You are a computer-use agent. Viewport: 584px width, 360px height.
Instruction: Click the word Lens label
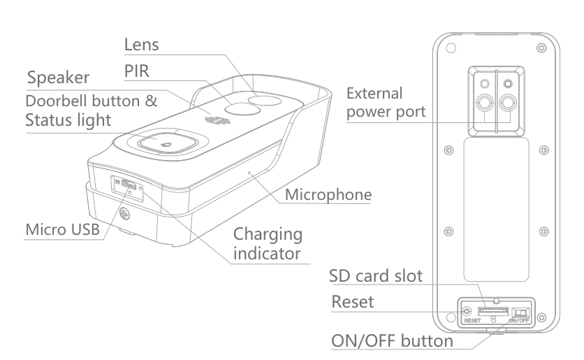pyautogui.click(x=142, y=44)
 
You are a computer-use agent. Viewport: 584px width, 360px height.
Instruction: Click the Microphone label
pyautogui.click(x=327, y=195)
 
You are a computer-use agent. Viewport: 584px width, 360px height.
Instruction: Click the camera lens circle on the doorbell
pyautogui.click(x=265, y=103)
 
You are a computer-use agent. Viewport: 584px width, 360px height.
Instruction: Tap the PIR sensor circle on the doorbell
pyautogui.click(x=240, y=111)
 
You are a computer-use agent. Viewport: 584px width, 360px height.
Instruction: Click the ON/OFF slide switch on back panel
pyautogui.click(x=520, y=312)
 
